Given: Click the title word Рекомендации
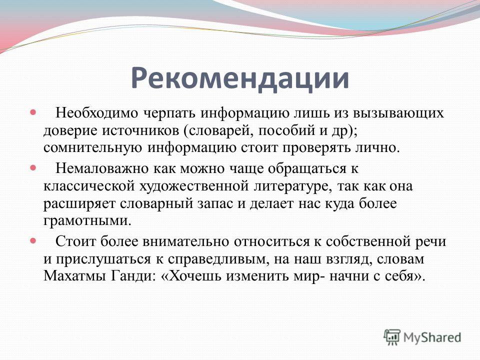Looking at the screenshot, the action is point(240,78).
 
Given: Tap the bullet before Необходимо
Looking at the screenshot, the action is point(33,112).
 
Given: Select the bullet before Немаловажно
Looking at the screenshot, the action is point(33,168).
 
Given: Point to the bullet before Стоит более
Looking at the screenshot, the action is point(33,240).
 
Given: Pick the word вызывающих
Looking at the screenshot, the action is point(398,113).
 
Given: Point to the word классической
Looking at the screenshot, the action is point(89,186).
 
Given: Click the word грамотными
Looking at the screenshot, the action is point(87,220).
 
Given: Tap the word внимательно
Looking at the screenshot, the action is point(185,241).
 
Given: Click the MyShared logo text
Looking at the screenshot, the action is point(432,338).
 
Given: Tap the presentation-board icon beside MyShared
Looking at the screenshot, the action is point(392,337).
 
